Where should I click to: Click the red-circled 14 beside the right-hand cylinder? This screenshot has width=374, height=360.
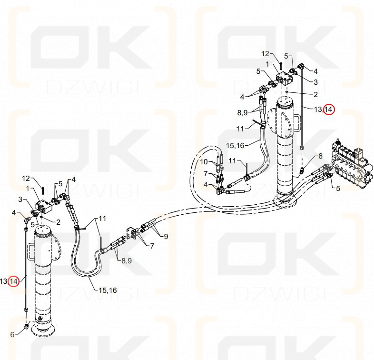tap(330, 110)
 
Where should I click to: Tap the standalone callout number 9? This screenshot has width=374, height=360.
tap(166, 236)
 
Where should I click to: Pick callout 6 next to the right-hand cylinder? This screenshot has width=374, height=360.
tap(320, 156)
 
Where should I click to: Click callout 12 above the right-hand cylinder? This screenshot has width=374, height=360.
tap(265, 54)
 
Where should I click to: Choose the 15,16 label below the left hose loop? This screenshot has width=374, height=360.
tap(108, 290)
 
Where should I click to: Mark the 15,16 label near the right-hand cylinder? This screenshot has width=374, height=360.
tap(235, 145)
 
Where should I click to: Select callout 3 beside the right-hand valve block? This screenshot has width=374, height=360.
tap(315, 82)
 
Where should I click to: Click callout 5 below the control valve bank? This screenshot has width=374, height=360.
tap(338, 189)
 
